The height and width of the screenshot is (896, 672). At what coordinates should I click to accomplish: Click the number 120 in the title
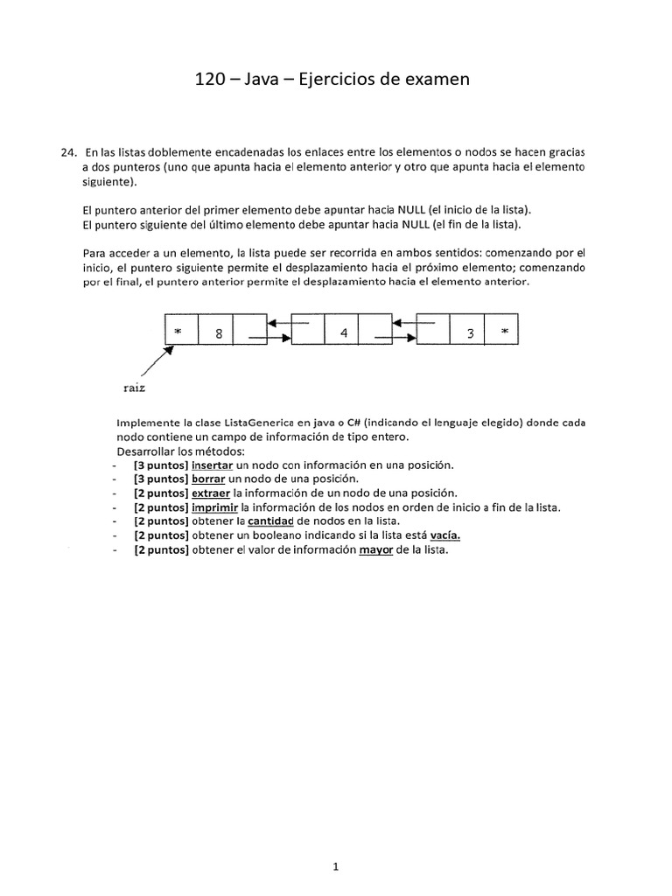point(211,80)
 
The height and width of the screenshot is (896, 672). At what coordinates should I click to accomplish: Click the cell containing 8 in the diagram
point(219,332)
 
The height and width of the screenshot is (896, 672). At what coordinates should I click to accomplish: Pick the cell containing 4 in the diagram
point(344,332)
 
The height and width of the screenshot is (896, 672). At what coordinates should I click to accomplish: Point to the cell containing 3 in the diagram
point(470,332)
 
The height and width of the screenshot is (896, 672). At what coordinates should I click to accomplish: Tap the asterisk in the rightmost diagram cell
point(504,332)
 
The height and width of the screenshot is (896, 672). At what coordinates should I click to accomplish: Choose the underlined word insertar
point(213,465)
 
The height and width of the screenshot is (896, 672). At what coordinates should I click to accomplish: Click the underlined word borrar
point(209,479)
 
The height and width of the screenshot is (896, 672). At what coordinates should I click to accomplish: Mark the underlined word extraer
point(211,493)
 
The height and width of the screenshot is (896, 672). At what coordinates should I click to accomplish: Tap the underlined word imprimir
point(214,507)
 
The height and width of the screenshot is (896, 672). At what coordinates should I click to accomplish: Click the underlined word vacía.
point(445,535)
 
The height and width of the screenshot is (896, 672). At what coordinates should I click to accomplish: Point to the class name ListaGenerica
point(240,422)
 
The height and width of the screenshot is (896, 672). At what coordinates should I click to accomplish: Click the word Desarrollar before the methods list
point(146,451)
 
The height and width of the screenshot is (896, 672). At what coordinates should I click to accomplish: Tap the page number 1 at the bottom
point(336,843)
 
